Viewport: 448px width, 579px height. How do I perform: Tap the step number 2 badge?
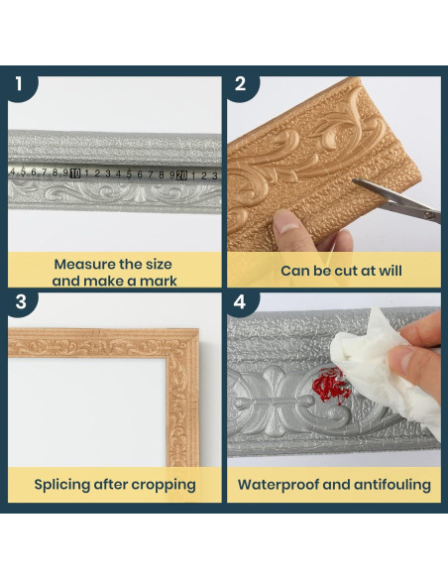[241, 85]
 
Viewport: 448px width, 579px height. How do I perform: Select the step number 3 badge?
[21, 302]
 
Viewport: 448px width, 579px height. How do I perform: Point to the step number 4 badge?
[241, 302]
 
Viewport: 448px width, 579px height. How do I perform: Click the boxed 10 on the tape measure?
[75, 174]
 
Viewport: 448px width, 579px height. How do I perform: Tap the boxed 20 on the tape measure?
[182, 175]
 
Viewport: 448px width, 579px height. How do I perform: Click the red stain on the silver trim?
[330, 386]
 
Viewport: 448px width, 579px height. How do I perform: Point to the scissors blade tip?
[354, 180]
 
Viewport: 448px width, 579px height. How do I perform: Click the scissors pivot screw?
[429, 215]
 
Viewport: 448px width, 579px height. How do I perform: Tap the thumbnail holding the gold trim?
[286, 224]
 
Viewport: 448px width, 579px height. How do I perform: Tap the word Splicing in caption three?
[62, 485]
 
